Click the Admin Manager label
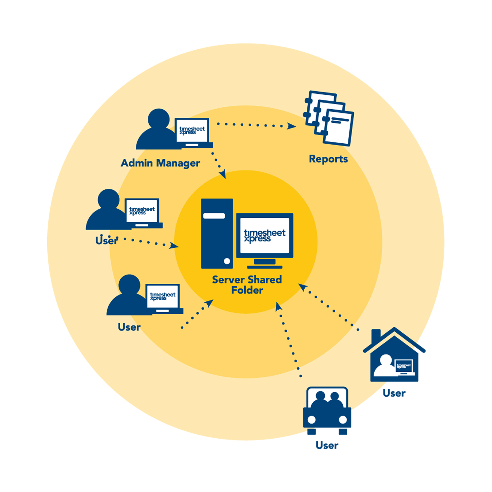160,163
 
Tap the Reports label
328,159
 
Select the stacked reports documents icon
329,118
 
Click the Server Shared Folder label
247,285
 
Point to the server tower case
217,233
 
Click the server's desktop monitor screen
265,236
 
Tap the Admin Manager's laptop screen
192,130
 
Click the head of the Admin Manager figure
159,119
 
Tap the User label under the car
327,445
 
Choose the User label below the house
394,393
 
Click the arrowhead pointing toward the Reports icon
291,126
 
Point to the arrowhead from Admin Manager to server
223,174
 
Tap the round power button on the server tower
227,261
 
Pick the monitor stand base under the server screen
265,267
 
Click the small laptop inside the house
404,367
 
